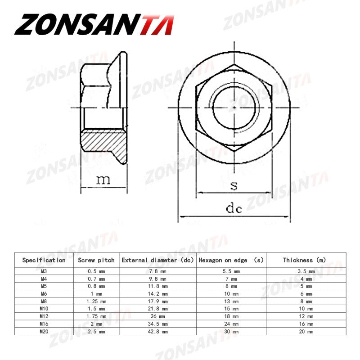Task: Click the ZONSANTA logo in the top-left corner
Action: [x=94, y=24]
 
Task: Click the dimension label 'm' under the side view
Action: [x=103, y=180]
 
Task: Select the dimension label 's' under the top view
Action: [x=234, y=185]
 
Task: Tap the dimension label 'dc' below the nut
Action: [x=234, y=208]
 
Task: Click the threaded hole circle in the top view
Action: [x=234, y=108]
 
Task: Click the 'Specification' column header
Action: [x=44, y=260]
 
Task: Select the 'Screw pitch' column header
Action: [x=96, y=260]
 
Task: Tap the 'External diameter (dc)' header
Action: [x=157, y=260]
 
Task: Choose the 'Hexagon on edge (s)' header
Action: [x=231, y=260]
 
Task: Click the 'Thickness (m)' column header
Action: [x=304, y=260]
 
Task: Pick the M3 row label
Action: [x=44, y=271]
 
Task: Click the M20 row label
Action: [x=44, y=332]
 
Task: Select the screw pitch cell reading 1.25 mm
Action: [x=96, y=301]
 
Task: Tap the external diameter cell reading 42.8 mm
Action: [x=157, y=332]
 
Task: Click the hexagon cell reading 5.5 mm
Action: [x=231, y=271]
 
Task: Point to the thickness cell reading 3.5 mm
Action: [x=304, y=271]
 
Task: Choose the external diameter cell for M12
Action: [x=157, y=316]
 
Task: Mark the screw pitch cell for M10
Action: [x=96, y=309]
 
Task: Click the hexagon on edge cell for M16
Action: [x=231, y=324]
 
